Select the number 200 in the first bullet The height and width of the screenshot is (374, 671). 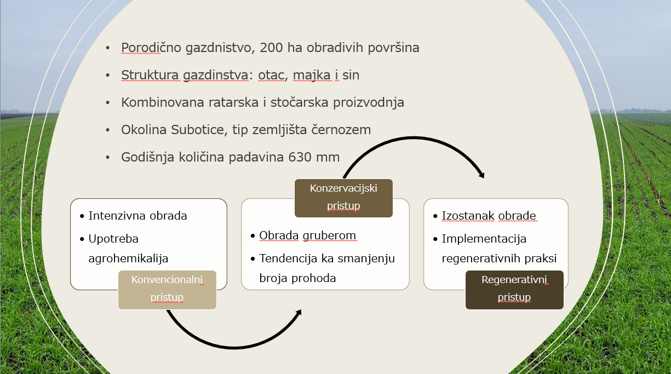point(271,48)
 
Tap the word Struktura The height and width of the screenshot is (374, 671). point(150,75)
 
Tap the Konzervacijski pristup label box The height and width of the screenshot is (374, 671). point(343,198)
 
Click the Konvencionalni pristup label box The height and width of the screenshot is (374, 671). point(167,290)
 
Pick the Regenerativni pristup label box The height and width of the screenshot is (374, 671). point(514,290)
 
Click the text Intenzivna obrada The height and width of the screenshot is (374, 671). point(138,216)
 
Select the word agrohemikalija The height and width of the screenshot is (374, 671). point(128,258)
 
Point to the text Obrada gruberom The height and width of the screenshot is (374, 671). point(308,235)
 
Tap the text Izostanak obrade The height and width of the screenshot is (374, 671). point(489,216)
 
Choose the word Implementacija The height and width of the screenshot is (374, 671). point(484,239)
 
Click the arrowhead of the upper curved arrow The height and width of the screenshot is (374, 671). point(481,175)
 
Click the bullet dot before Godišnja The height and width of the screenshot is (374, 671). point(108,157)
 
